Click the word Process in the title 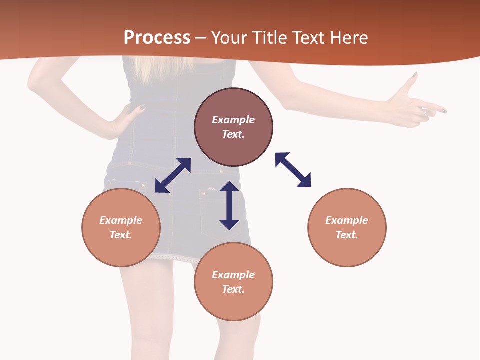pos(157,37)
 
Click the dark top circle pos(233,127)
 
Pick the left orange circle pos(121,227)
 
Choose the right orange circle pos(347,227)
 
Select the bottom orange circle pos(233,281)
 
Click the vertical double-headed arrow pos(229,205)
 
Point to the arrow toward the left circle pos(173,175)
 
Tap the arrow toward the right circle pos(293,170)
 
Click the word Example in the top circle pos(233,120)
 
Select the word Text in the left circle pos(120,235)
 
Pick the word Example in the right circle pos(347,220)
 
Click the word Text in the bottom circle pos(233,289)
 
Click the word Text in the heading pos(308,37)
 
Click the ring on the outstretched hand pos(425,113)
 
